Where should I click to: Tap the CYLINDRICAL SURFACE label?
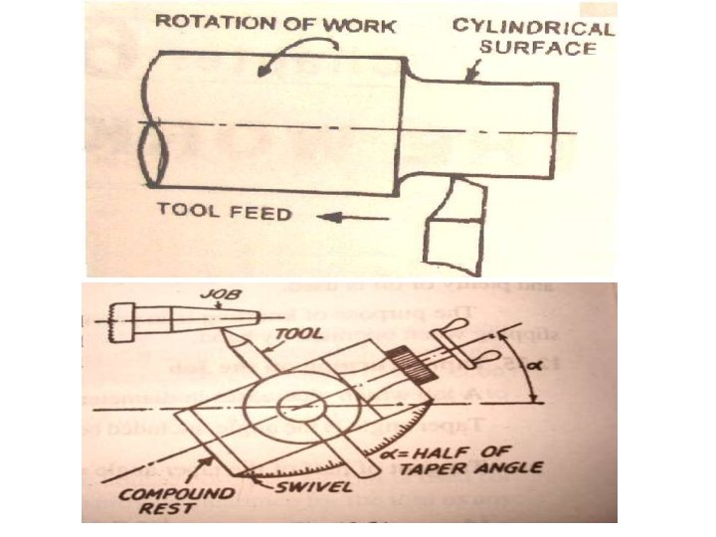point(535,36)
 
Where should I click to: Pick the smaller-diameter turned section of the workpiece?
point(483,129)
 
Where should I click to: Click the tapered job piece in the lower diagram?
point(215,322)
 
